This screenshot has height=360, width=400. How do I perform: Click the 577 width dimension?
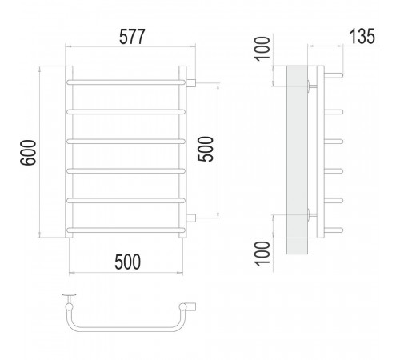(132, 37)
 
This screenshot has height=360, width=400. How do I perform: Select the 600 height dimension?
(28, 153)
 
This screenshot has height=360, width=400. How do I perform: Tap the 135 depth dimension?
(362, 36)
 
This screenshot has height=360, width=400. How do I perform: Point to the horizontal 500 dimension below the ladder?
(127, 262)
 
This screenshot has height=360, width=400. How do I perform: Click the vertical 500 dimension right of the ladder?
(206, 149)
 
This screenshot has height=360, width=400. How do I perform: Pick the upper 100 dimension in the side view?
(262, 49)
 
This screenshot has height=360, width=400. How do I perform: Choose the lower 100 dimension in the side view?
(262, 253)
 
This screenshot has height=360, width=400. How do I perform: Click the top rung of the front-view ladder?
(126, 82)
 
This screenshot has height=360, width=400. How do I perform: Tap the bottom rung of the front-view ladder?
(126, 230)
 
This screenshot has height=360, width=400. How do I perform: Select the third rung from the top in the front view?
(126, 142)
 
